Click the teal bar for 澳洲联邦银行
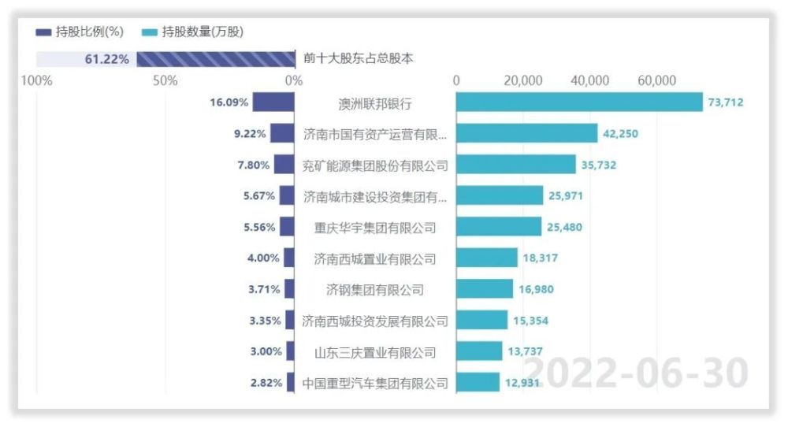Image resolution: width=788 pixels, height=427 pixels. (579, 102)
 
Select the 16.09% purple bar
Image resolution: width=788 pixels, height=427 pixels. (273, 102)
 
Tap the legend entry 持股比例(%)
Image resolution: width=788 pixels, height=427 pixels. (80, 32)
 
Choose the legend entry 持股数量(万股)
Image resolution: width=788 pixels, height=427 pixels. (193, 32)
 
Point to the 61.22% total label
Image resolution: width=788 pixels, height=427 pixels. (107, 59)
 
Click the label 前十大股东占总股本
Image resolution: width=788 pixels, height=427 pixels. (359, 58)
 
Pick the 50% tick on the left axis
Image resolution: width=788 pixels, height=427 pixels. (166, 80)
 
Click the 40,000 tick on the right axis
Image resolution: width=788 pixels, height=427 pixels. (589, 80)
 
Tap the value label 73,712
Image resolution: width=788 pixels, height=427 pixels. (726, 102)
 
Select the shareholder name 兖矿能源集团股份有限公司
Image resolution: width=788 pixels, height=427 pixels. (375, 165)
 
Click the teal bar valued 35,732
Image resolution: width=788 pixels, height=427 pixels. (516, 165)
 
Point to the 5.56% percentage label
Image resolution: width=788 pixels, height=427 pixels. (259, 228)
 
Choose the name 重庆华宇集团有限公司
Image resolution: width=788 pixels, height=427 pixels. (375, 228)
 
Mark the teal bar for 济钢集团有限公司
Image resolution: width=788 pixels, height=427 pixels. (485, 289)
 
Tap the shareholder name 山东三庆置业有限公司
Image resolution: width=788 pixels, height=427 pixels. (375, 352)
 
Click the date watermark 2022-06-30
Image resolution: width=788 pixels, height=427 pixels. (635, 372)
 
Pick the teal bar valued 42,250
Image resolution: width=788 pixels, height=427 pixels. (526, 134)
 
